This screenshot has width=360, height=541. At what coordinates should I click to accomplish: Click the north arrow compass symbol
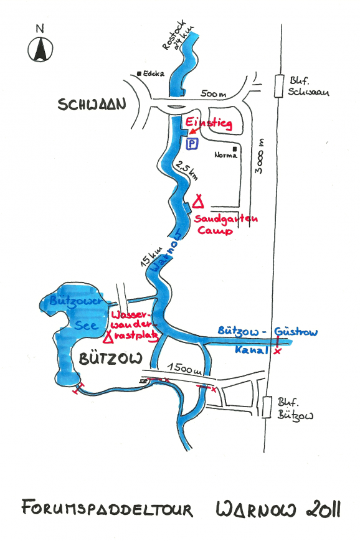tap(40, 50)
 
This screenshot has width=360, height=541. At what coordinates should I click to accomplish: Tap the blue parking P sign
tap(192, 144)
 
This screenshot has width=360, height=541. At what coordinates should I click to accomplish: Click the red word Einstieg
tap(209, 123)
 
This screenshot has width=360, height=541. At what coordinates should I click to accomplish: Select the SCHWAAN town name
tap(92, 104)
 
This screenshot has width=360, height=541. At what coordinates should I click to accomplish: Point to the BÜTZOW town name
tap(110, 359)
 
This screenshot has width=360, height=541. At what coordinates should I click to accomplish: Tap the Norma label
tap(225, 155)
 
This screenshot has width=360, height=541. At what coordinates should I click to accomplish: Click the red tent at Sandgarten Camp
tap(197, 202)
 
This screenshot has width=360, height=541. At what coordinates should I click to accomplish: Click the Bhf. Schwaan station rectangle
tap(279, 86)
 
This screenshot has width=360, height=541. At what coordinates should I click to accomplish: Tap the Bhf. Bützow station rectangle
tap(267, 407)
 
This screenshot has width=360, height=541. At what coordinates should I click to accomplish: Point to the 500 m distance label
tap(213, 93)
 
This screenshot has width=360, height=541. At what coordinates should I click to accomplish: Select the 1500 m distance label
tap(185, 369)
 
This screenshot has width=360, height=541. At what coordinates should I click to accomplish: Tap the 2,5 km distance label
tap(187, 170)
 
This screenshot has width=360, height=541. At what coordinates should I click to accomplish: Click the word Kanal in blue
tap(252, 350)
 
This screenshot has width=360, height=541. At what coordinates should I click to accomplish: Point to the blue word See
tap(86, 325)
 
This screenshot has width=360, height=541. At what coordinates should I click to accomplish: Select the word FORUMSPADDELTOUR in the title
tap(107, 509)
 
